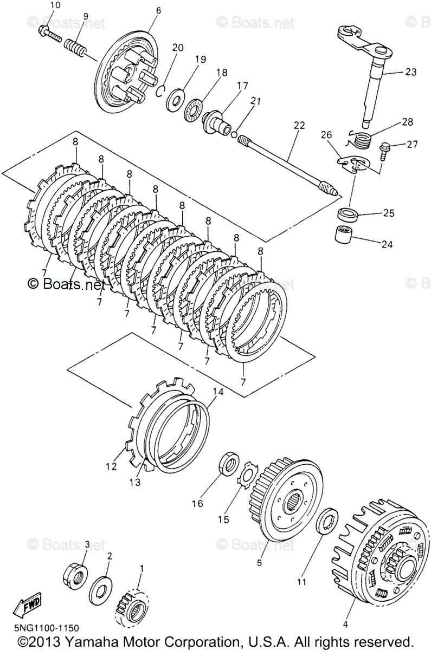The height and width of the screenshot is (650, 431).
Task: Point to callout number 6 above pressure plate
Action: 158,10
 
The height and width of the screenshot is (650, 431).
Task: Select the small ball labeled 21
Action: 234,134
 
